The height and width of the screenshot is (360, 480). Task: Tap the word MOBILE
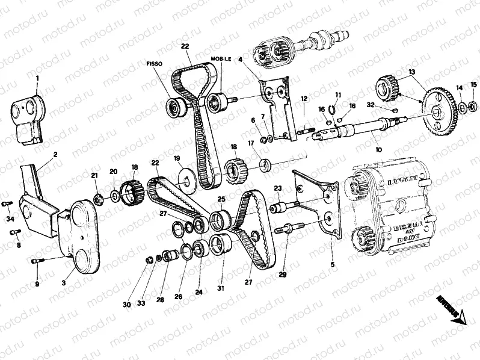click(220, 59)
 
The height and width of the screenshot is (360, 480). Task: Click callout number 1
click(37, 78)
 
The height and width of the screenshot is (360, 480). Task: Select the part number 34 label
click(10, 220)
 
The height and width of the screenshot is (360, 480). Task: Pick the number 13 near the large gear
click(412, 72)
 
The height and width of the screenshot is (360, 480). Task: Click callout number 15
click(473, 84)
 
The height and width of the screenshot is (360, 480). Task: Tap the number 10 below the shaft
click(378, 150)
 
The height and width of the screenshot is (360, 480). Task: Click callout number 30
click(127, 305)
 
